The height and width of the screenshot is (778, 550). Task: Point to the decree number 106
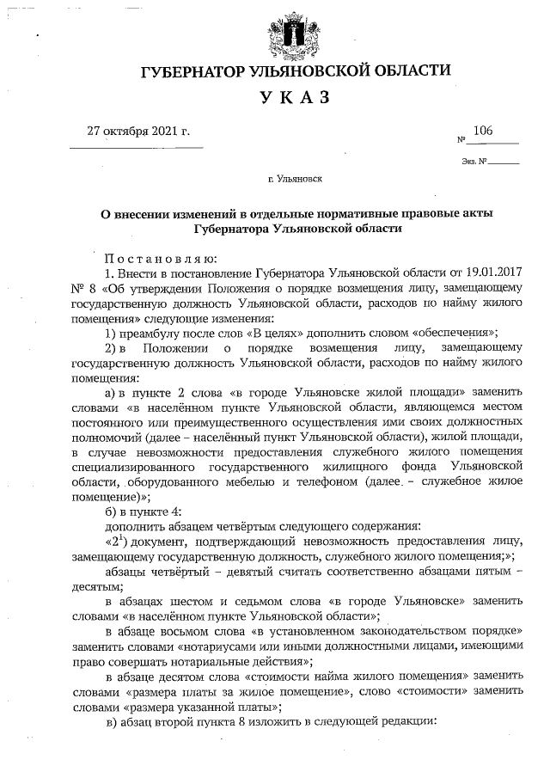tap(482, 131)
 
